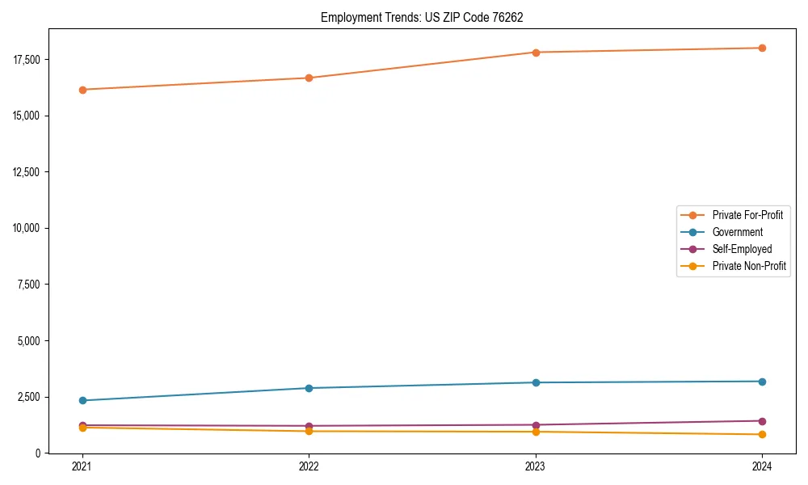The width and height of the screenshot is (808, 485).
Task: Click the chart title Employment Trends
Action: coord(422,17)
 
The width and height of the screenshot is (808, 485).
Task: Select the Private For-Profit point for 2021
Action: coord(82,90)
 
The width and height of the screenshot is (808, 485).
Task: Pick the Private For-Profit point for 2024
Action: coord(762,48)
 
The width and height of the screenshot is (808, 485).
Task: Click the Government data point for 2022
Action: coord(309,388)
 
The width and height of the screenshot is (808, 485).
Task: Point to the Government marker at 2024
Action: coord(762,382)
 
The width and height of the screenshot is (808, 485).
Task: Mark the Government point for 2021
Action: coord(82,400)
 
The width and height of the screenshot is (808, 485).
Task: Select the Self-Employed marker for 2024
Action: coord(762,420)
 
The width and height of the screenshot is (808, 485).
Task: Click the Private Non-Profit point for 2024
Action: coord(762,434)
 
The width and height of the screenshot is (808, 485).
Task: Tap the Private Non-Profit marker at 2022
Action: coord(309,431)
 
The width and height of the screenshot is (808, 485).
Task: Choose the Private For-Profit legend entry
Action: coord(747,215)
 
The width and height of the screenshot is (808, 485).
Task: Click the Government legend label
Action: coord(737,232)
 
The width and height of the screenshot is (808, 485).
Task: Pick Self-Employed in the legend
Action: coord(742,249)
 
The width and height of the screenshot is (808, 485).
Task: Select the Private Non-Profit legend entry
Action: coord(749,266)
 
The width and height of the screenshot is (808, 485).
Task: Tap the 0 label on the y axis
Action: coord(38,453)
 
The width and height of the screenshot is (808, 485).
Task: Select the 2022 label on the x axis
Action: coord(309,466)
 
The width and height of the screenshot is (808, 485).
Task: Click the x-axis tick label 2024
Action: coord(762,466)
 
